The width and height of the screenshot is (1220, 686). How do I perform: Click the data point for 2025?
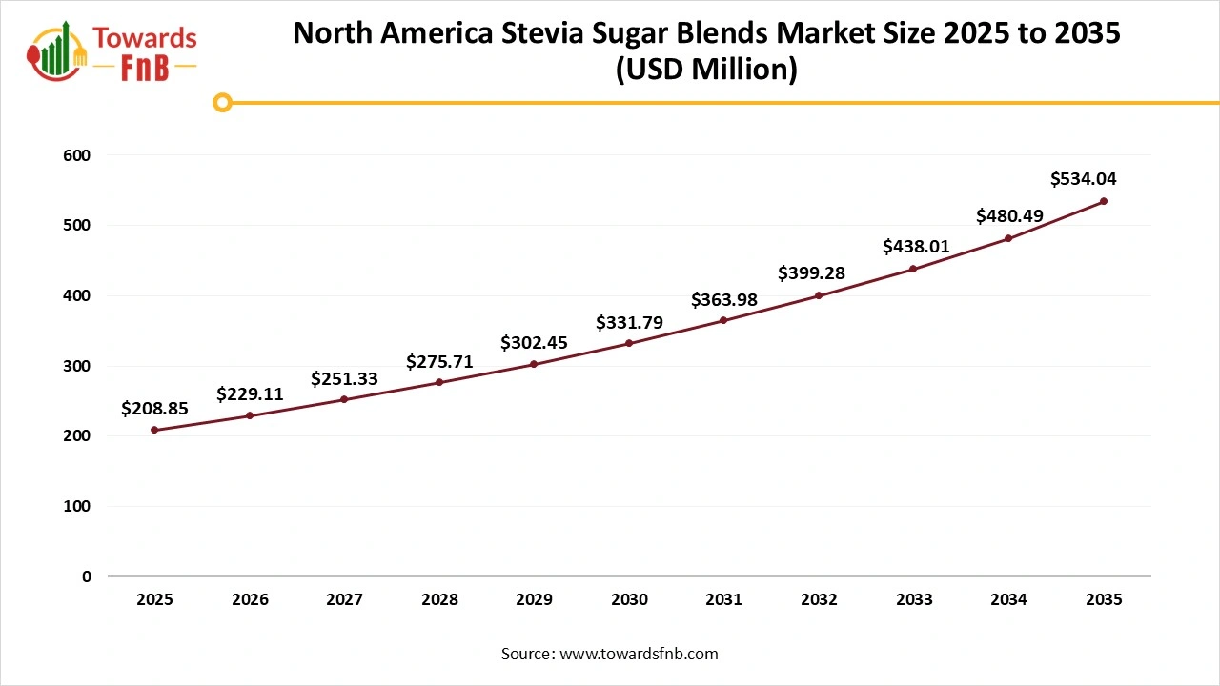154,430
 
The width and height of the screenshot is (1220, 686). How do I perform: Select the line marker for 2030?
629,343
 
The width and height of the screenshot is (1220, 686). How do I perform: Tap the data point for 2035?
1104,201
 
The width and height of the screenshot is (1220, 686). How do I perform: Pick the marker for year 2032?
819,295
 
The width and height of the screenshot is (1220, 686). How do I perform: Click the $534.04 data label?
1084,178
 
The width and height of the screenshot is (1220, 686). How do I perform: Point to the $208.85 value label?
154,409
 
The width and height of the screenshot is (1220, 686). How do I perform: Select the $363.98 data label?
724,300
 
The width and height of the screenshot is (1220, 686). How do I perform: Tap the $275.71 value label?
439,362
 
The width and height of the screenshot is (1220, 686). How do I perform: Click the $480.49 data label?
1009,216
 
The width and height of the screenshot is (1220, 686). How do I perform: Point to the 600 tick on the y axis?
78,155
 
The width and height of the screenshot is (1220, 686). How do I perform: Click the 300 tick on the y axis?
78,366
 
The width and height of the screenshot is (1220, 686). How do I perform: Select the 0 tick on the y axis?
85,576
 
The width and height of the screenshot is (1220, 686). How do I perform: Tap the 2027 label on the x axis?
344,600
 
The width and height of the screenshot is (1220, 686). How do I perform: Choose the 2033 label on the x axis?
914,600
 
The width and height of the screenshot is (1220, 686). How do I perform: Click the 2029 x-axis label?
534,600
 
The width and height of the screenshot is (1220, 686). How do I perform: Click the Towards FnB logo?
112,50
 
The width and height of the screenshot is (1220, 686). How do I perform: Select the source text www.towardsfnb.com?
637,654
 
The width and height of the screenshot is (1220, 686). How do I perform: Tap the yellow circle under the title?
222,102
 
